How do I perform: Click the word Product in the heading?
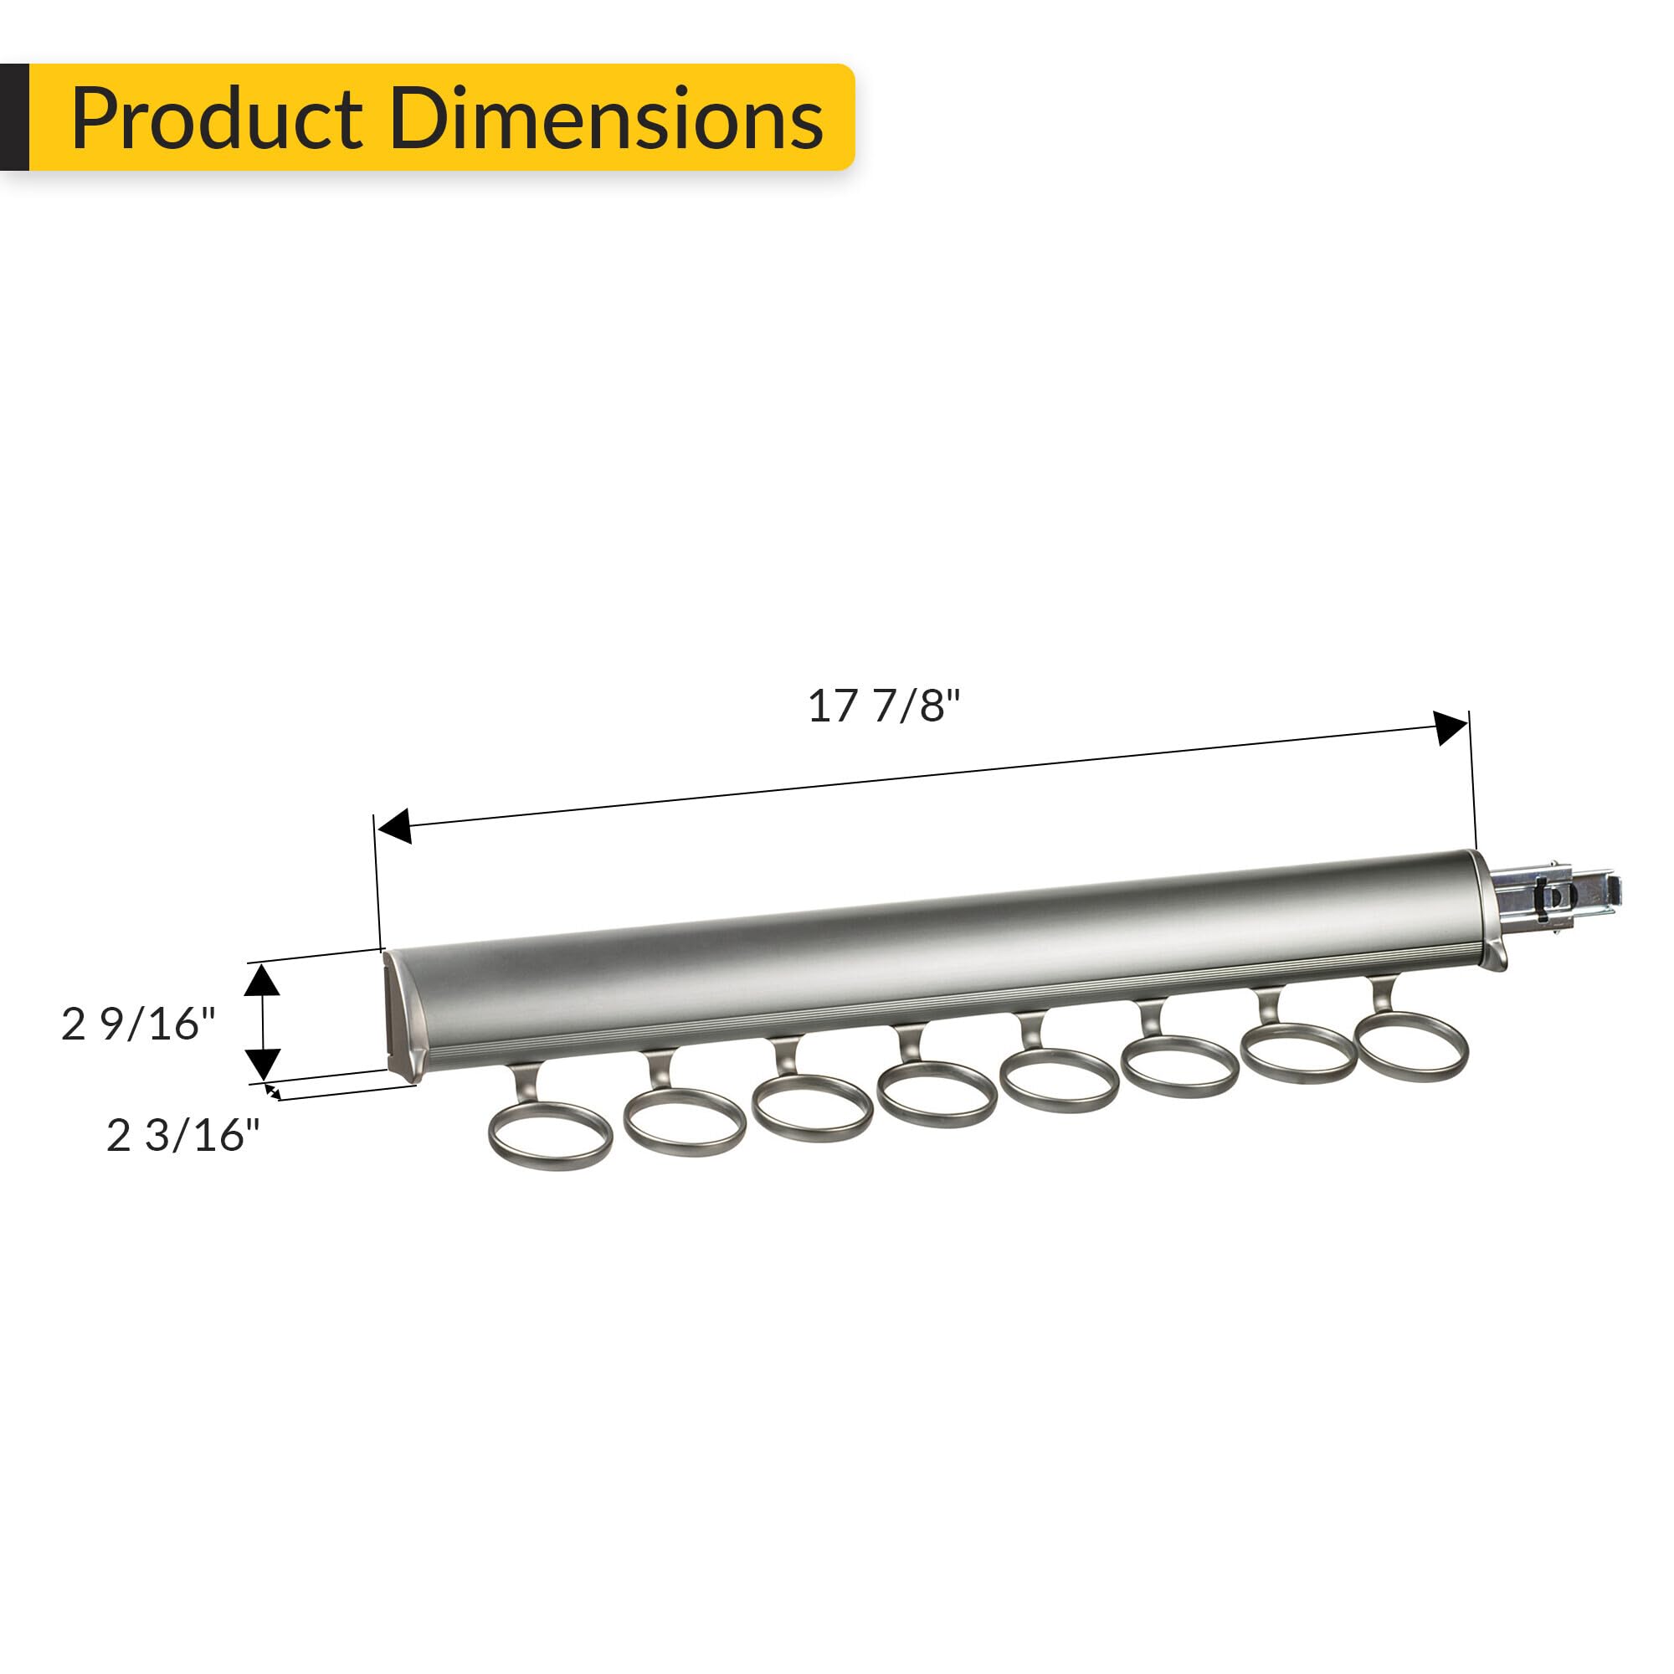217,119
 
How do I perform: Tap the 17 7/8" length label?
884,706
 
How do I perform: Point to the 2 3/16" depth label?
182,1135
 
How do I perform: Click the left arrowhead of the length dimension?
395,826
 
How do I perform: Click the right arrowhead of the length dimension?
1451,727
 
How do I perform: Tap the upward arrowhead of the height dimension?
262,980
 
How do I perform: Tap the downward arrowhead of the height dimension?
262,1063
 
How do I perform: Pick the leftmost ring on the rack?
550,1135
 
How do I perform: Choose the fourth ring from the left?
937,1094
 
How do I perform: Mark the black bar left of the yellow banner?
14,117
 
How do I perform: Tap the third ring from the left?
812,1108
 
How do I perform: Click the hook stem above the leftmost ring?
526,1083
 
